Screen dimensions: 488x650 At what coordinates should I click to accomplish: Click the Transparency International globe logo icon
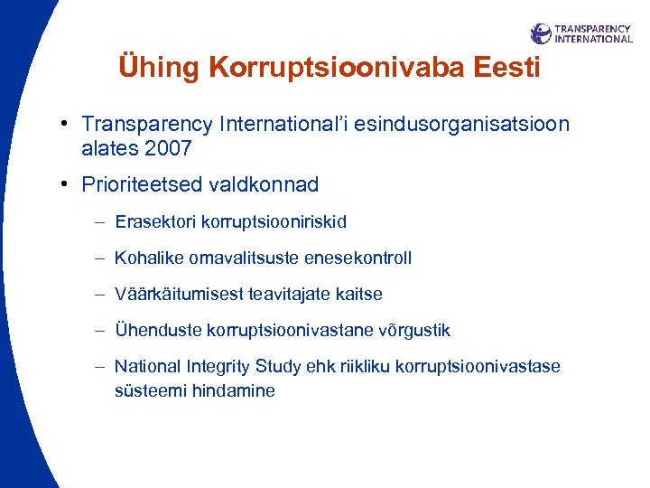coord(541,34)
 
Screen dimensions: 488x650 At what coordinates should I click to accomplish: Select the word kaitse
coord(361,295)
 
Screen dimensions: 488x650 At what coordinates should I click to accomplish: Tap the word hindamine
coord(235,391)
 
